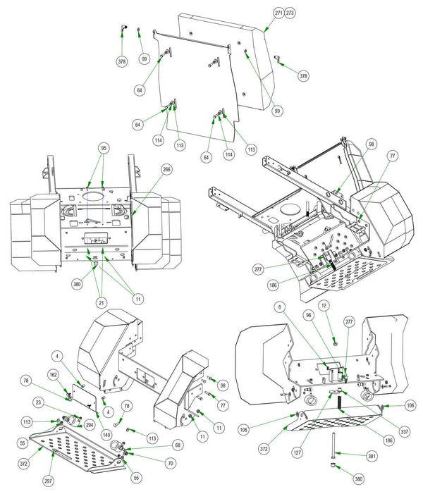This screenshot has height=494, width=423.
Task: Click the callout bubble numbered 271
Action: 278,13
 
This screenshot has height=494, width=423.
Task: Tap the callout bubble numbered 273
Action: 290,13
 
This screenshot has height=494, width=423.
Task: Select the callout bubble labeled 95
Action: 104,148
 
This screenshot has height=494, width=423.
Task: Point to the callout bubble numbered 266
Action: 166,170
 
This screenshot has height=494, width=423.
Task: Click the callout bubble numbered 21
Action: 102,303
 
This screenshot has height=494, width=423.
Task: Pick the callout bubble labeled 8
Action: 280,307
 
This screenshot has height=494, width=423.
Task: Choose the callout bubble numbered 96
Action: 309,315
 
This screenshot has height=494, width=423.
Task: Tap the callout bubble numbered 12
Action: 324,305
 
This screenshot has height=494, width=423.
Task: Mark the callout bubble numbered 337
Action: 405,431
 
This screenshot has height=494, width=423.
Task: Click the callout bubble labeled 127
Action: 298,452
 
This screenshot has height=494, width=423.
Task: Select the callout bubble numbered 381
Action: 372,456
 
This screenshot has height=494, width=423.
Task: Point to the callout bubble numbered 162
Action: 54,375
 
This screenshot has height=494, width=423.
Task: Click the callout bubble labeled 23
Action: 39,402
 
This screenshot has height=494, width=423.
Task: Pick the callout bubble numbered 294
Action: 90,425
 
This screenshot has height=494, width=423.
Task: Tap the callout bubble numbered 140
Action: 106,435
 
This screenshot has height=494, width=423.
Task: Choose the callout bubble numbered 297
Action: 48,481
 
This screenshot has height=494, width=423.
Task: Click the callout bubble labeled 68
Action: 178,445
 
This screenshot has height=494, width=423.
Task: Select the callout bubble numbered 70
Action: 171,463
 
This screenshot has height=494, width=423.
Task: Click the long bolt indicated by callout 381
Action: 333,445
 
